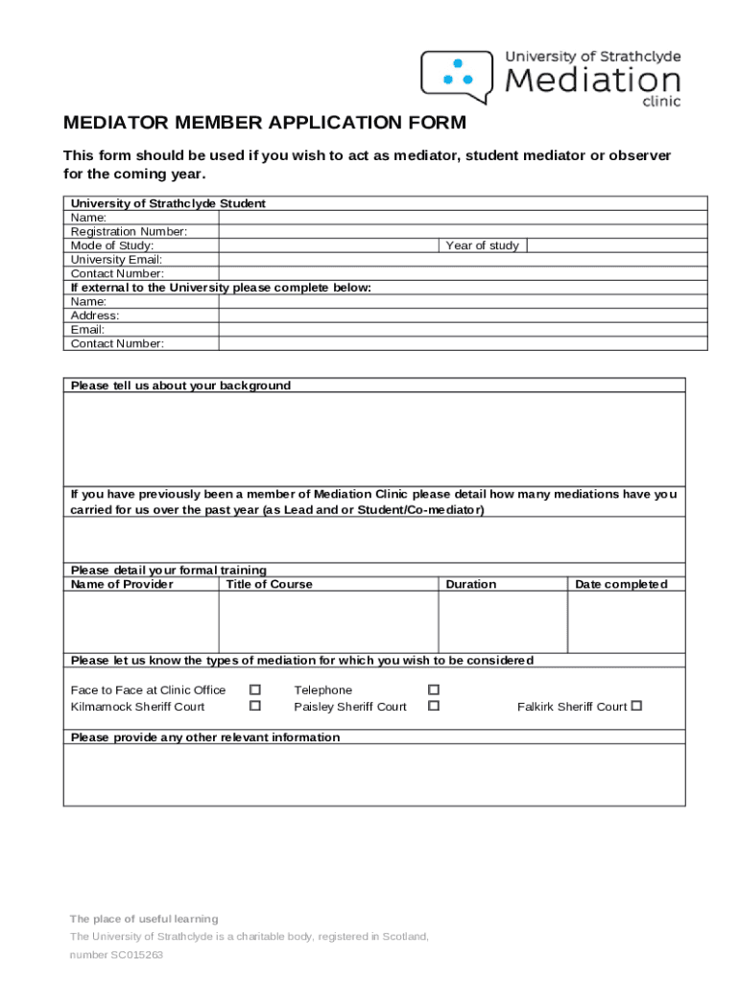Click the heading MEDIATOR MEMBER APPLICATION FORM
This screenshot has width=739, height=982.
click(x=264, y=123)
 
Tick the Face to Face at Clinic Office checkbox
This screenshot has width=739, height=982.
click(x=255, y=690)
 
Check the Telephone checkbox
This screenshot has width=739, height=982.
click(x=434, y=690)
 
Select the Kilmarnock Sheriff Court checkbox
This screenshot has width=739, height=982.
click(x=255, y=706)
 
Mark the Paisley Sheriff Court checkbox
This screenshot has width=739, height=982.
click(x=434, y=706)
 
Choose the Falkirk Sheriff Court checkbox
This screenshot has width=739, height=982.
click(x=635, y=706)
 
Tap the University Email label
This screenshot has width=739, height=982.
click(x=116, y=259)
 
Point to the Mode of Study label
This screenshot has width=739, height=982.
click(x=111, y=245)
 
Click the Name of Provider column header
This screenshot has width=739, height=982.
click(x=122, y=584)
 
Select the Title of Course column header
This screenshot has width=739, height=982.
click(x=269, y=584)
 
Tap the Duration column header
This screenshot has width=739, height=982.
click(x=471, y=584)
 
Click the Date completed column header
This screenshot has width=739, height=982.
click(x=621, y=584)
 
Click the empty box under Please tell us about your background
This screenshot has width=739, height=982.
click(x=374, y=438)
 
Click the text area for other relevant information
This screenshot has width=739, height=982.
click(x=374, y=774)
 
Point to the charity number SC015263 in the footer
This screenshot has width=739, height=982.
click(x=136, y=955)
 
